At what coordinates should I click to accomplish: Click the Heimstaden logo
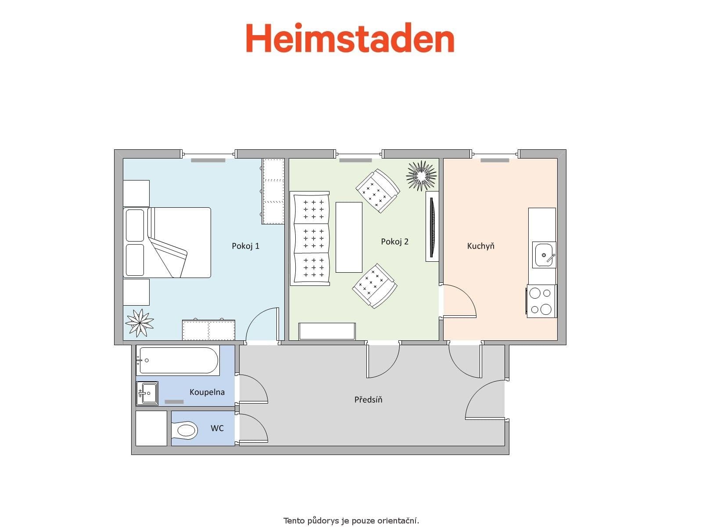pyautogui.click(x=350, y=39)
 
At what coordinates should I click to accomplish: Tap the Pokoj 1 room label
pyautogui.click(x=245, y=246)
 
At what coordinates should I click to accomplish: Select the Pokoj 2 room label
pyautogui.click(x=394, y=242)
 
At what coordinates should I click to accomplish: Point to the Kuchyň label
pyautogui.click(x=480, y=246)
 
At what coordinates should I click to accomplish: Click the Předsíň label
pyautogui.click(x=368, y=400)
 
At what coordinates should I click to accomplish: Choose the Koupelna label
pyautogui.click(x=207, y=392)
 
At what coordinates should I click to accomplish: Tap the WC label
pyautogui.click(x=217, y=428)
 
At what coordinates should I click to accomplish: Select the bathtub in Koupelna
pyautogui.click(x=177, y=361)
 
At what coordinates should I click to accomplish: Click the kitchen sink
pyautogui.click(x=544, y=255)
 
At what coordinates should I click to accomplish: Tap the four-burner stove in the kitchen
pyautogui.click(x=541, y=301)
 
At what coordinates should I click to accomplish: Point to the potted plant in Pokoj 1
pyautogui.click(x=140, y=323)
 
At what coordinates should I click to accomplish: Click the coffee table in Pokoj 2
pyautogui.click(x=349, y=237)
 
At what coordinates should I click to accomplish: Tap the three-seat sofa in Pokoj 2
pyautogui.click(x=310, y=238)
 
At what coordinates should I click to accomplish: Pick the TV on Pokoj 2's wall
pyautogui.click(x=432, y=227)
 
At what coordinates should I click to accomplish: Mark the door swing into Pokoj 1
pyautogui.click(x=262, y=325)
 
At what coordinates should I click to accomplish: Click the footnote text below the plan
pyautogui.click(x=351, y=521)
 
